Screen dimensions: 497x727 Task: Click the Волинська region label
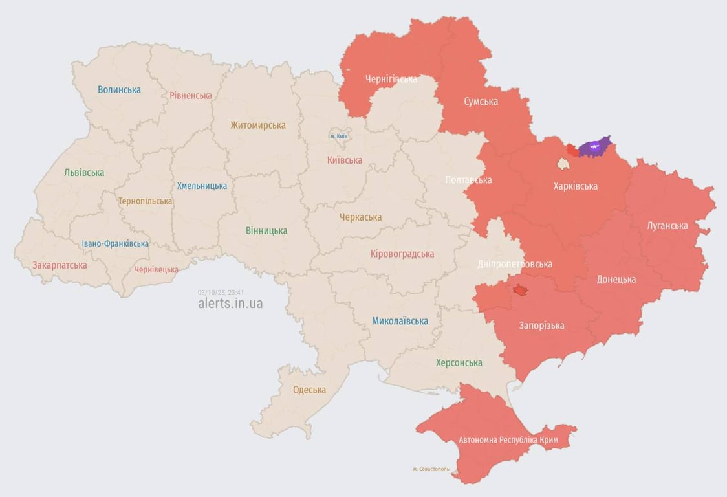[x=119, y=90]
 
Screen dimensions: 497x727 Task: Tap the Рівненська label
[x=191, y=96]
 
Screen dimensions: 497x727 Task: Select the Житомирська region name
[x=258, y=126]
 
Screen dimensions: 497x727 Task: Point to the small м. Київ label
[x=339, y=137]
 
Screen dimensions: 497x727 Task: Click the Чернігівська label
[x=391, y=79]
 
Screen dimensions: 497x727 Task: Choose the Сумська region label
[x=481, y=102]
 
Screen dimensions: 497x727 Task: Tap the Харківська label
[x=575, y=186]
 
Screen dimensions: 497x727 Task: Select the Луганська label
[x=667, y=226]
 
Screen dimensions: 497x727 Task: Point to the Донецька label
[x=616, y=280]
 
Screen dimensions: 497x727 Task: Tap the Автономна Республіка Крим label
[x=508, y=440]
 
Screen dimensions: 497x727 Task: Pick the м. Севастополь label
[x=431, y=469]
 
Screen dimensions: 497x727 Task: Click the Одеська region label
[x=309, y=390]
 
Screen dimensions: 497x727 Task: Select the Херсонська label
[x=459, y=363]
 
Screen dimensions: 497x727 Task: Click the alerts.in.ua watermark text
[x=230, y=304]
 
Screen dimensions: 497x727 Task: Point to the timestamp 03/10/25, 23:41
[x=221, y=293]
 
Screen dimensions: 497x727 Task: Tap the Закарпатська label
[x=60, y=265]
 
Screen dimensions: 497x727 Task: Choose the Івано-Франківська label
[x=115, y=244]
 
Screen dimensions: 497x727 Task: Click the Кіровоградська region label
[x=402, y=254]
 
